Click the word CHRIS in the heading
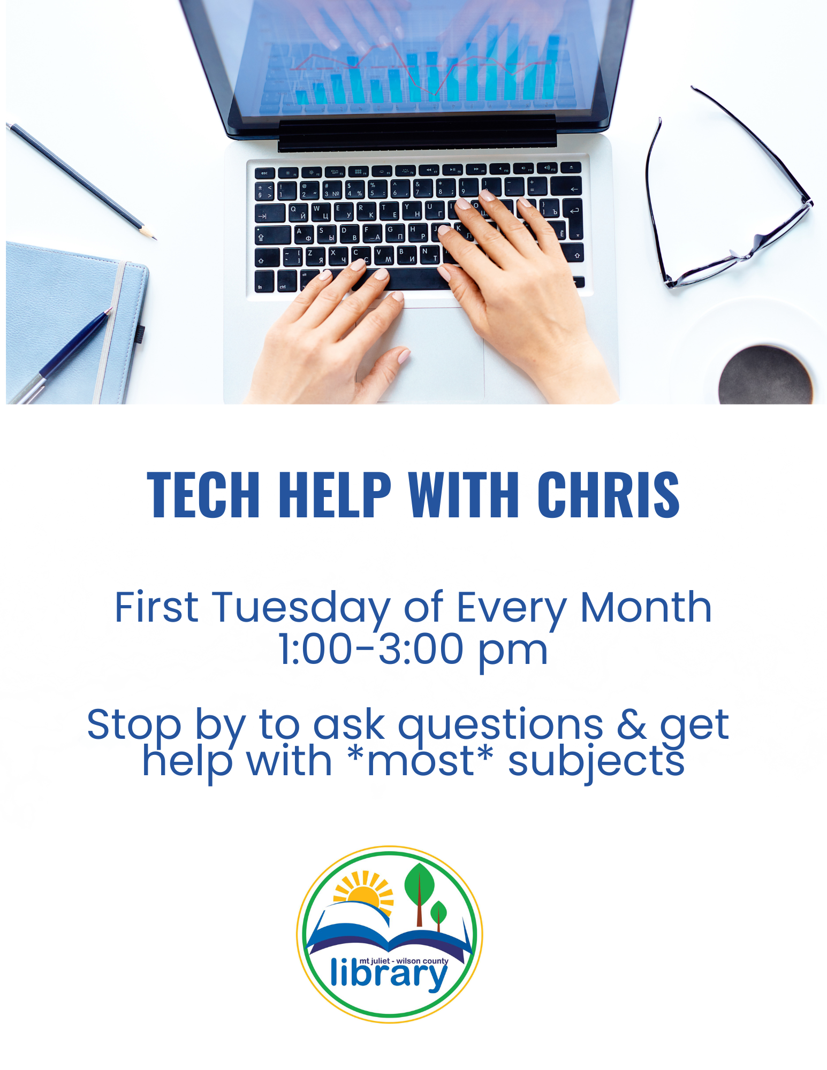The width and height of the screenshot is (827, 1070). (609, 495)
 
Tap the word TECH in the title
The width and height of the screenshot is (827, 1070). (203, 495)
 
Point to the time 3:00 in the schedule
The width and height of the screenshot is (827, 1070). (421, 649)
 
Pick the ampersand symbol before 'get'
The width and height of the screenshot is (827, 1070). (632, 724)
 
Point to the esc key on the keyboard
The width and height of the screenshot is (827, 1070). (264, 173)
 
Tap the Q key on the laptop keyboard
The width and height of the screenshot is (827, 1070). (298, 212)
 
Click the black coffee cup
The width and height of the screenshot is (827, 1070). (765, 374)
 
